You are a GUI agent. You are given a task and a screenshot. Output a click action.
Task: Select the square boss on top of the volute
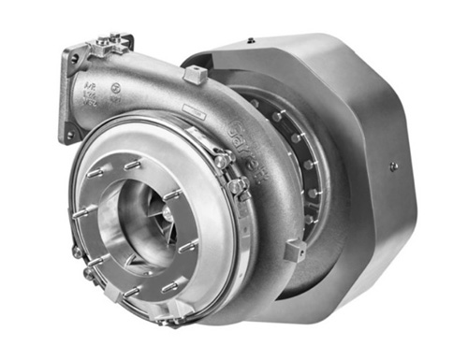[193, 75]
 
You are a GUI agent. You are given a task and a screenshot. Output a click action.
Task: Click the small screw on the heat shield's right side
[394, 166]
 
